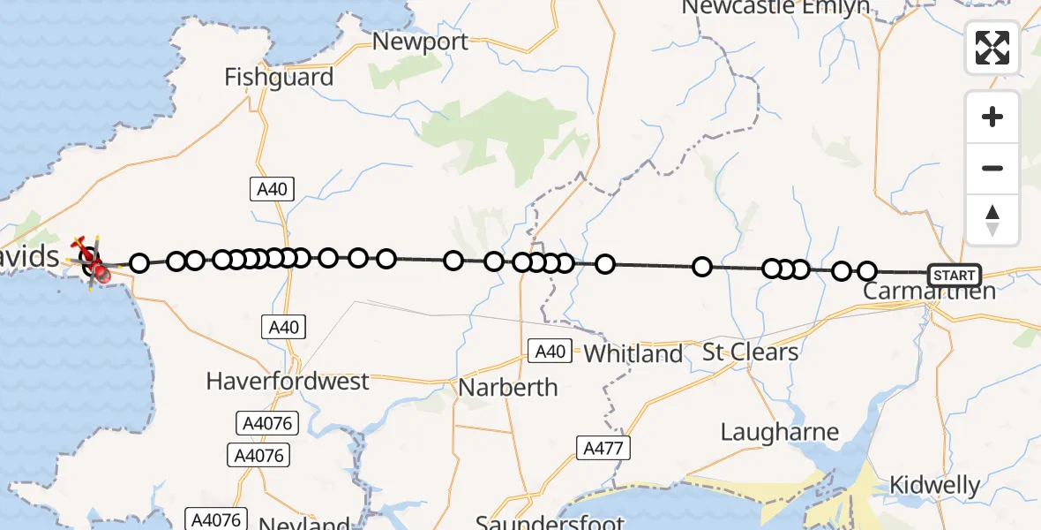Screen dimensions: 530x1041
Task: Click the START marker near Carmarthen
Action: [x=954, y=275]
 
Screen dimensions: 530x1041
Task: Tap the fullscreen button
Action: [x=992, y=48]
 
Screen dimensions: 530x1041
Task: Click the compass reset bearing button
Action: [x=992, y=220]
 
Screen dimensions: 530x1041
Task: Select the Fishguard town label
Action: [x=279, y=78]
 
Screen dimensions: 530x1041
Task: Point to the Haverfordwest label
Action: [x=288, y=382]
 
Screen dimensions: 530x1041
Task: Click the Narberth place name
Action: [x=508, y=387]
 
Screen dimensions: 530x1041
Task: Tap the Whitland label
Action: [x=633, y=354]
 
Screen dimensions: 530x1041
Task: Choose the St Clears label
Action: [x=750, y=352]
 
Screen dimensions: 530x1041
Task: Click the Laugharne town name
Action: [x=780, y=433]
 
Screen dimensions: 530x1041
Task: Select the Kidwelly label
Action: [x=934, y=485]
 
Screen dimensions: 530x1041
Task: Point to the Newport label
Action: [x=420, y=42]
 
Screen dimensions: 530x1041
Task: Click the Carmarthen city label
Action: [x=929, y=291]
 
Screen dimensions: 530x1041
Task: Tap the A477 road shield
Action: [x=603, y=448]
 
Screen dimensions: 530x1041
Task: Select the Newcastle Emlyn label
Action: [x=775, y=8]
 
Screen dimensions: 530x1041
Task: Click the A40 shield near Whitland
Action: [x=550, y=351]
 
